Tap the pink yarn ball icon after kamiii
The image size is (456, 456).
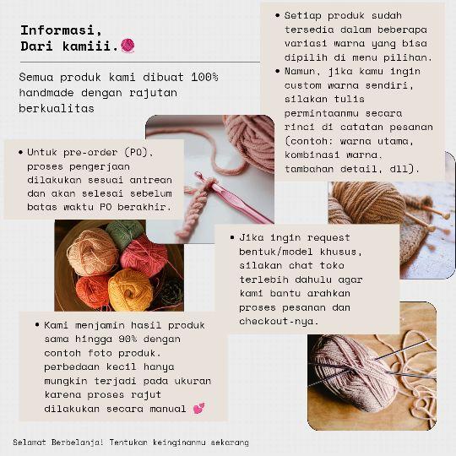coord(128,46)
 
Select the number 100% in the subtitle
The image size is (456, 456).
coord(204,77)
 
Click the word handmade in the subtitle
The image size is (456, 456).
coord(47,93)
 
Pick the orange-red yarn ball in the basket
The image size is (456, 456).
coord(92,290)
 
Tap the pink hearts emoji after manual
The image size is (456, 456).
coord(199,410)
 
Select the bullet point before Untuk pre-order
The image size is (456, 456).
coord(19,153)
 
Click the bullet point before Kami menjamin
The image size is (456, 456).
coord(37,324)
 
